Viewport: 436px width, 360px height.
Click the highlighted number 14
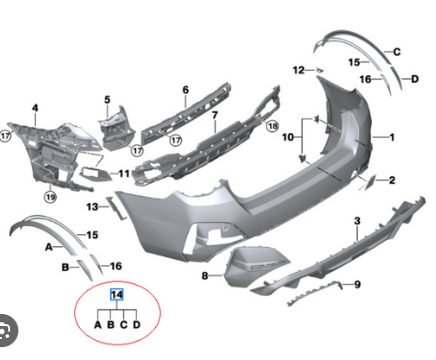click(x=115, y=295)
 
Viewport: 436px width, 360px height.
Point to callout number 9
click(x=357, y=285)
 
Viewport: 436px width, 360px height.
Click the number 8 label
click(x=204, y=275)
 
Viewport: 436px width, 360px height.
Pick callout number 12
click(x=298, y=69)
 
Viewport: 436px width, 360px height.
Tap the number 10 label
click(x=287, y=138)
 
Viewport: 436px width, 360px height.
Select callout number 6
click(x=184, y=90)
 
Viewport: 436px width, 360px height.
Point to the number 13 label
click(x=92, y=208)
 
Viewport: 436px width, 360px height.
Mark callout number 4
click(x=35, y=108)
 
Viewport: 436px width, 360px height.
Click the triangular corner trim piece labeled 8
click(x=246, y=264)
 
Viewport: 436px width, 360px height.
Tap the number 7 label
click(x=215, y=116)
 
